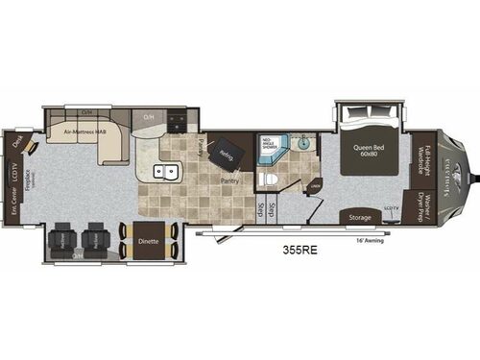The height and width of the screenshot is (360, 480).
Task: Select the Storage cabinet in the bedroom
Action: coord(360,217)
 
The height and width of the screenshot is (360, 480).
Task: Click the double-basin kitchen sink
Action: coord(164,174)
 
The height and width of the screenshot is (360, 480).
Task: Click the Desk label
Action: coord(18,141)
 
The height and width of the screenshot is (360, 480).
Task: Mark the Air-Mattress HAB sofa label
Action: coord(84,132)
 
